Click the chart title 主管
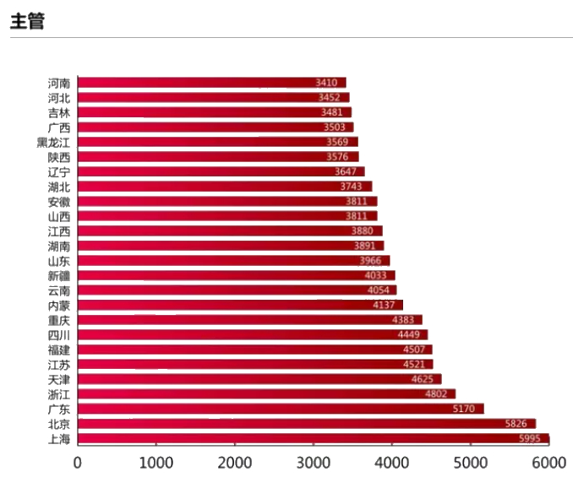point(27,22)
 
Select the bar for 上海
point(313,439)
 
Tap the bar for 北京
point(306,424)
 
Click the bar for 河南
point(211,83)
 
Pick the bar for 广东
point(281,409)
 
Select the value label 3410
point(326,83)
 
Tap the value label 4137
point(384,305)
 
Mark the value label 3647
point(345,171)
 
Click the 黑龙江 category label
point(53,142)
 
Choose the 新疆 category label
point(59,275)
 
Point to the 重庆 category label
point(59,320)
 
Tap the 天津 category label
point(59,379)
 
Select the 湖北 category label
point(59,187)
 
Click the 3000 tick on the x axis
point(314,463)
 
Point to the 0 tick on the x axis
point(78,463)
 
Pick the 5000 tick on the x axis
point(471,463)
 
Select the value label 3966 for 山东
point(370,261)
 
